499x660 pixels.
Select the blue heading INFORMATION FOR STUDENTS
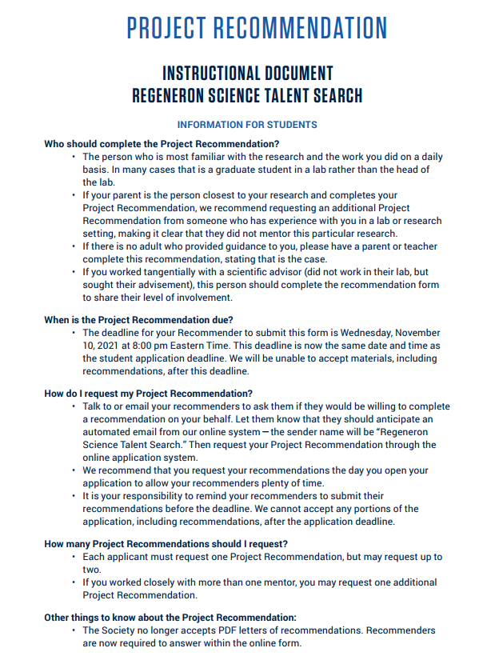(247, 125)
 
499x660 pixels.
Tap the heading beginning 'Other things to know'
(170, 618)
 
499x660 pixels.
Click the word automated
(106, 432)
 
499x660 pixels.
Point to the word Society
(121, 630)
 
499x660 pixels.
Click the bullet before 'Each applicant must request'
(74, 557)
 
